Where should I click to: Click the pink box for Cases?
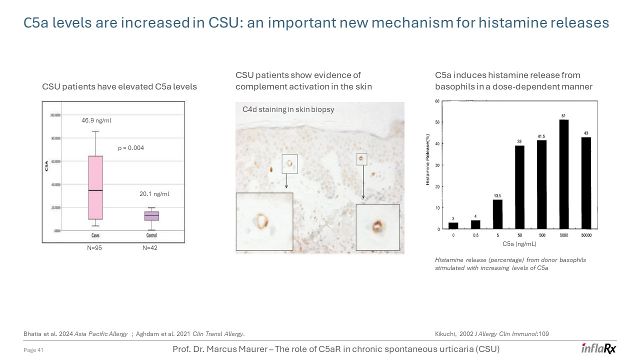pyautogui.click(x=95, y=187)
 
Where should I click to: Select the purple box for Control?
pyautogui.click(x=151, y=215)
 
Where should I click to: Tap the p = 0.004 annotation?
pyautogui.click(x=131, y=148)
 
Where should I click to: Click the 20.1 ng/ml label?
pyautogui.click(x=154, y=194)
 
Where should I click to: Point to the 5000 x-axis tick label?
pyautogui.click(x=564, y=235)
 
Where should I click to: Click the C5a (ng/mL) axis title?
pyautogui.click(x=519, y=244)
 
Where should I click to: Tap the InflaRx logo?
pyautogui.click(x=598, y=348)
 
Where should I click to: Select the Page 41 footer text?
pyautogui.click(x=34, y=350)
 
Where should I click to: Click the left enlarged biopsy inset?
pyautogui.click(x=264, y=221)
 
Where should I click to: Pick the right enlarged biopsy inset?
pyautogui.click(x=377, y=226)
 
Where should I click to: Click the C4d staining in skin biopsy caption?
pyautogui.click(x=288, y=109)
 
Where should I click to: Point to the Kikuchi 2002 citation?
pyautogui.click(x=492, y=333)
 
